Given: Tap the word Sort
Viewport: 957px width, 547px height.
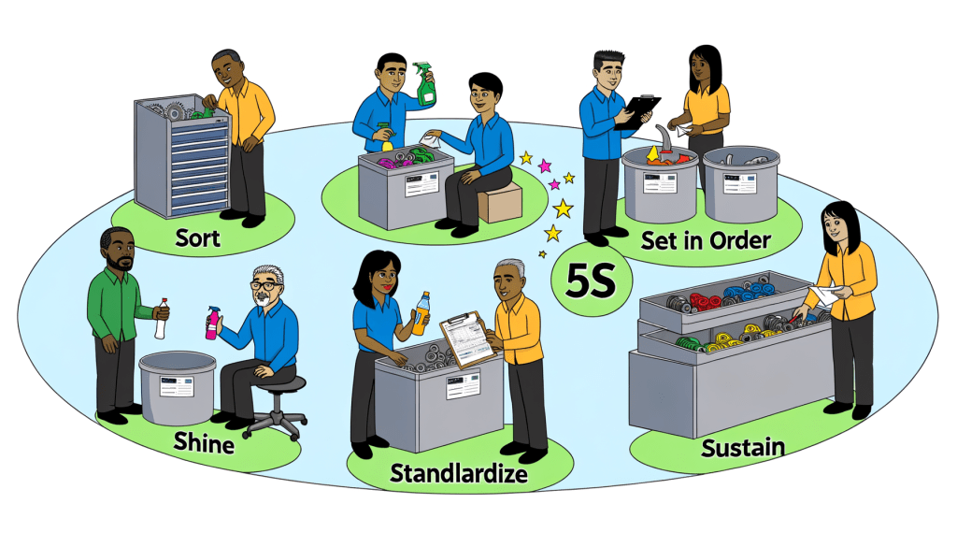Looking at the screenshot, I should point(198,237).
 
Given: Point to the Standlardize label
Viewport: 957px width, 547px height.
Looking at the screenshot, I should point(457,473).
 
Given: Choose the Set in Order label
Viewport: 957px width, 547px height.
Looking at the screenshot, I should point(706,240).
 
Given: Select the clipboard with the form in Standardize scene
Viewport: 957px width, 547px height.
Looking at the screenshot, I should point(466,338).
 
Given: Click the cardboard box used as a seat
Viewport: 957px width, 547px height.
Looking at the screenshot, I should point(498,200).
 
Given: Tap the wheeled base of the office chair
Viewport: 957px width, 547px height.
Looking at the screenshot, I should point(275,424).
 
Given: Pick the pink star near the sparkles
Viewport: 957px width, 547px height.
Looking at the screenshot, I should point(545,166).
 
